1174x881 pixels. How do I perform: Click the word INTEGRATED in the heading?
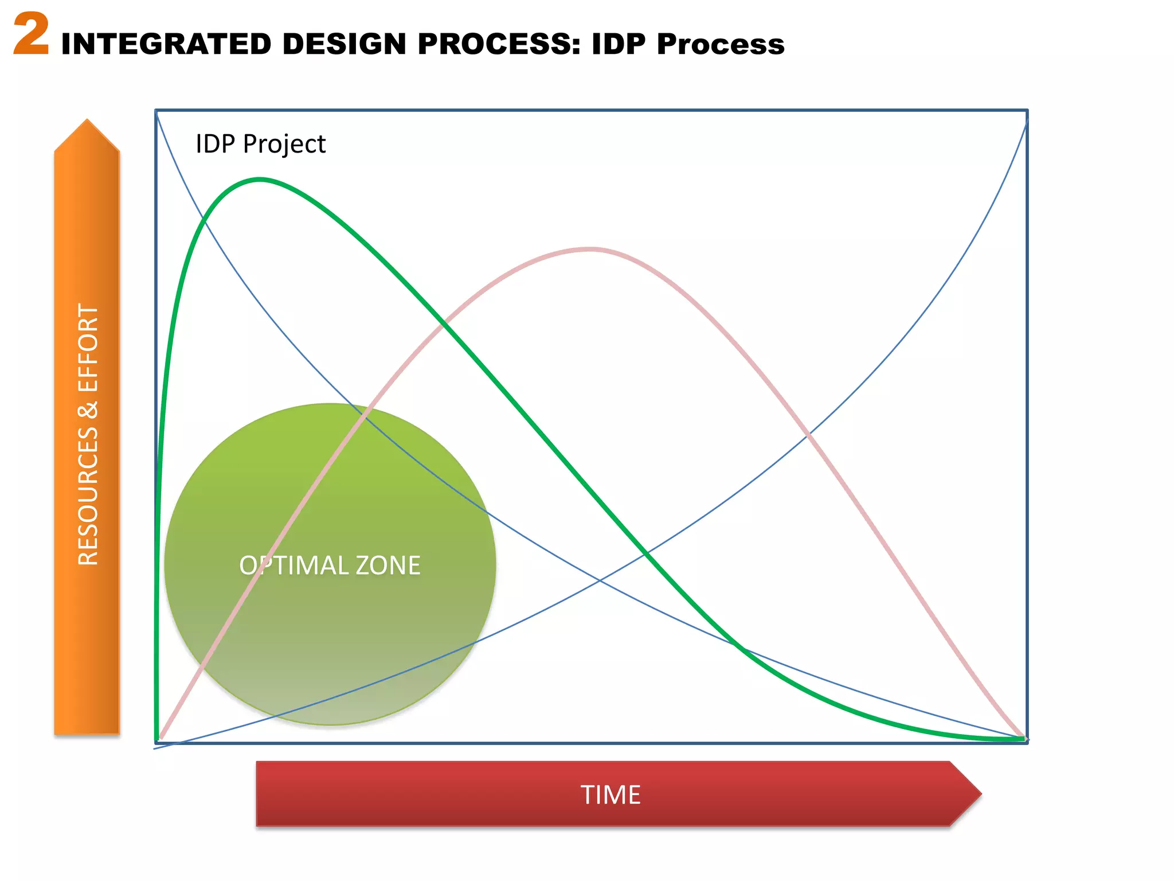click(166, 44)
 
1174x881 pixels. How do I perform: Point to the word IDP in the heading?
click(619, 44)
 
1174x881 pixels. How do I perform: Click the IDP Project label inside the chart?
click(260, 144)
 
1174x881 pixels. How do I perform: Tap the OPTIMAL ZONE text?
click(330, 566)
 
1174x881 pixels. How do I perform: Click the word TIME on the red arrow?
click(611, 795)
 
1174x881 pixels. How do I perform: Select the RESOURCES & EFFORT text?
click(88, 434)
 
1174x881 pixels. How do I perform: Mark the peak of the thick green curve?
click(259, 180)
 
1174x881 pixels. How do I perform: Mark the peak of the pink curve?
click(590, 249)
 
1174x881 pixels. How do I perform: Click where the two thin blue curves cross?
click(600, 581)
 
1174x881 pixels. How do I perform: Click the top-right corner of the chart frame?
click(1027, 110)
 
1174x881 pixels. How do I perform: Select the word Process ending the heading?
click(721, 44)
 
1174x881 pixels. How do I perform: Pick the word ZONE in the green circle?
click(388, 566)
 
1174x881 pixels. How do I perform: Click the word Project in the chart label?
click(284, 144)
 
